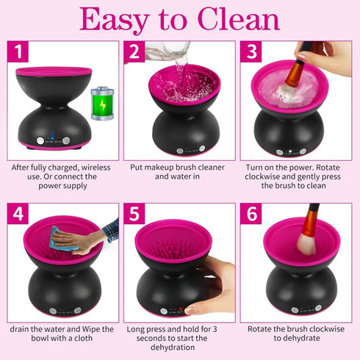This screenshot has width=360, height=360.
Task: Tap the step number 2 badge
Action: click(x=134, y=51)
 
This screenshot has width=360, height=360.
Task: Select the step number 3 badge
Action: click(x=251, y=51)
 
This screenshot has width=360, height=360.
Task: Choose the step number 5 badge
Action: click(x=134, y=214)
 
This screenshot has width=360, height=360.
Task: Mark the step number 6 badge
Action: click(x=251, y=214)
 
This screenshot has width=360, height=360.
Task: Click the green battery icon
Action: click(x=101, y=102)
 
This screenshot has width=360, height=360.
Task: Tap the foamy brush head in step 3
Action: click(x=286, y=95)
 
